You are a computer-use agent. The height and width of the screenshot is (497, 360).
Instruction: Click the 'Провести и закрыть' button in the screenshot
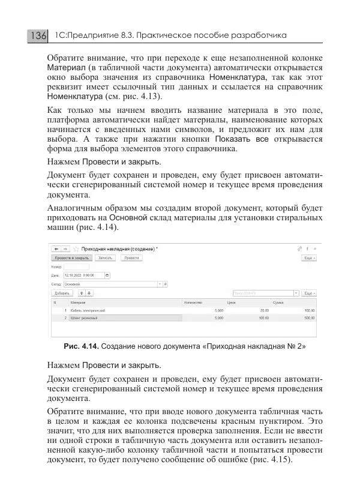click(66, 257)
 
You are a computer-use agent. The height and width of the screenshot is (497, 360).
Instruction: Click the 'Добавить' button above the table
click(62, 293)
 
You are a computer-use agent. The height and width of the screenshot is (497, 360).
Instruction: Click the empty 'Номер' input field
click(76, 267)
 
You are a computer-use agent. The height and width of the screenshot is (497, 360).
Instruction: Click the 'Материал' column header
click(78, 303)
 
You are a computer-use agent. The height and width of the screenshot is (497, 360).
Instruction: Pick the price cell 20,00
click(263, 310)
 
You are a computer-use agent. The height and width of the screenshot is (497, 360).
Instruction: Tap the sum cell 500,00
click(309, 318)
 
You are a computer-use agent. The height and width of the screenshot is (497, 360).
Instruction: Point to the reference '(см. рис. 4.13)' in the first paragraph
click(126, 97)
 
